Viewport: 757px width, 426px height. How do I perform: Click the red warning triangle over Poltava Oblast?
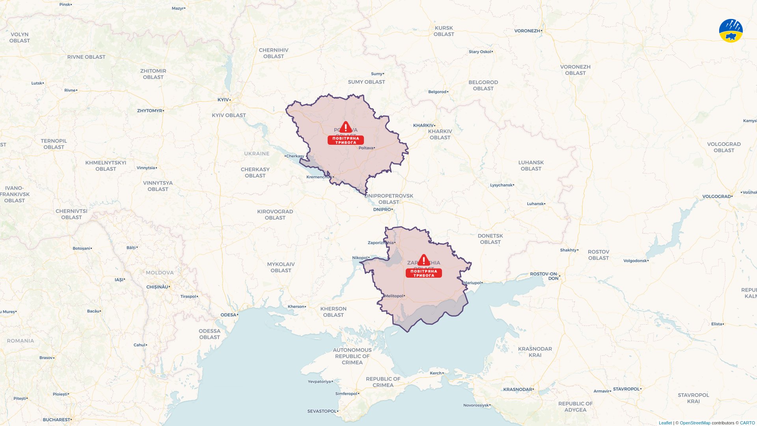click(346, 127)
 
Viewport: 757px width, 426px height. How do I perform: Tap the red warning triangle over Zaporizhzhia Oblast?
click(424, 260)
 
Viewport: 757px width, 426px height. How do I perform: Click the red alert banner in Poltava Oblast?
click(346, 140)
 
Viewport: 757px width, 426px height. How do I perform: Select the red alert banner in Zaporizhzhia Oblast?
click(424, 273)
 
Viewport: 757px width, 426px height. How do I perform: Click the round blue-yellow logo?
click(731, 31)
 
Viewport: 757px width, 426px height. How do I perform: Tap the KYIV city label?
click(223, 100)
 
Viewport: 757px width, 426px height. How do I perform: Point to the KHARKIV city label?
click(423, 125)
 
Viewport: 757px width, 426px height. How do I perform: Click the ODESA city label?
click(228, 315)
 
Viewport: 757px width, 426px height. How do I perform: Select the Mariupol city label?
click(472, 283)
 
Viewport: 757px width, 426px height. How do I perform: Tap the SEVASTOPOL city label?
click(322, 411)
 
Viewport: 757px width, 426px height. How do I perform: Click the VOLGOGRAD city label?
click(716, 196)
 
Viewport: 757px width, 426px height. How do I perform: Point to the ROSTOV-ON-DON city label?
click(544, 276)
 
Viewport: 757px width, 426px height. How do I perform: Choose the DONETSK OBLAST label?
click(490, 239)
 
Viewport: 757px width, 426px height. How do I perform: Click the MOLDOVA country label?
click(160, 273)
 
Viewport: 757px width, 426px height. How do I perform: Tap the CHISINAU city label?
click(157, 287)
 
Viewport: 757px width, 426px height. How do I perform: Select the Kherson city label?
click(296, 306)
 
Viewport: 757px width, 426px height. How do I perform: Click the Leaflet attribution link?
click(665, 423)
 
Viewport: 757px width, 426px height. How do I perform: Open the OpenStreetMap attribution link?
click(695, 423)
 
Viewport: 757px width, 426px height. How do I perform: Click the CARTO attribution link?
click(747, 423)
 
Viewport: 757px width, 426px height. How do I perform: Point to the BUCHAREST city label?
click(56, 420)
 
